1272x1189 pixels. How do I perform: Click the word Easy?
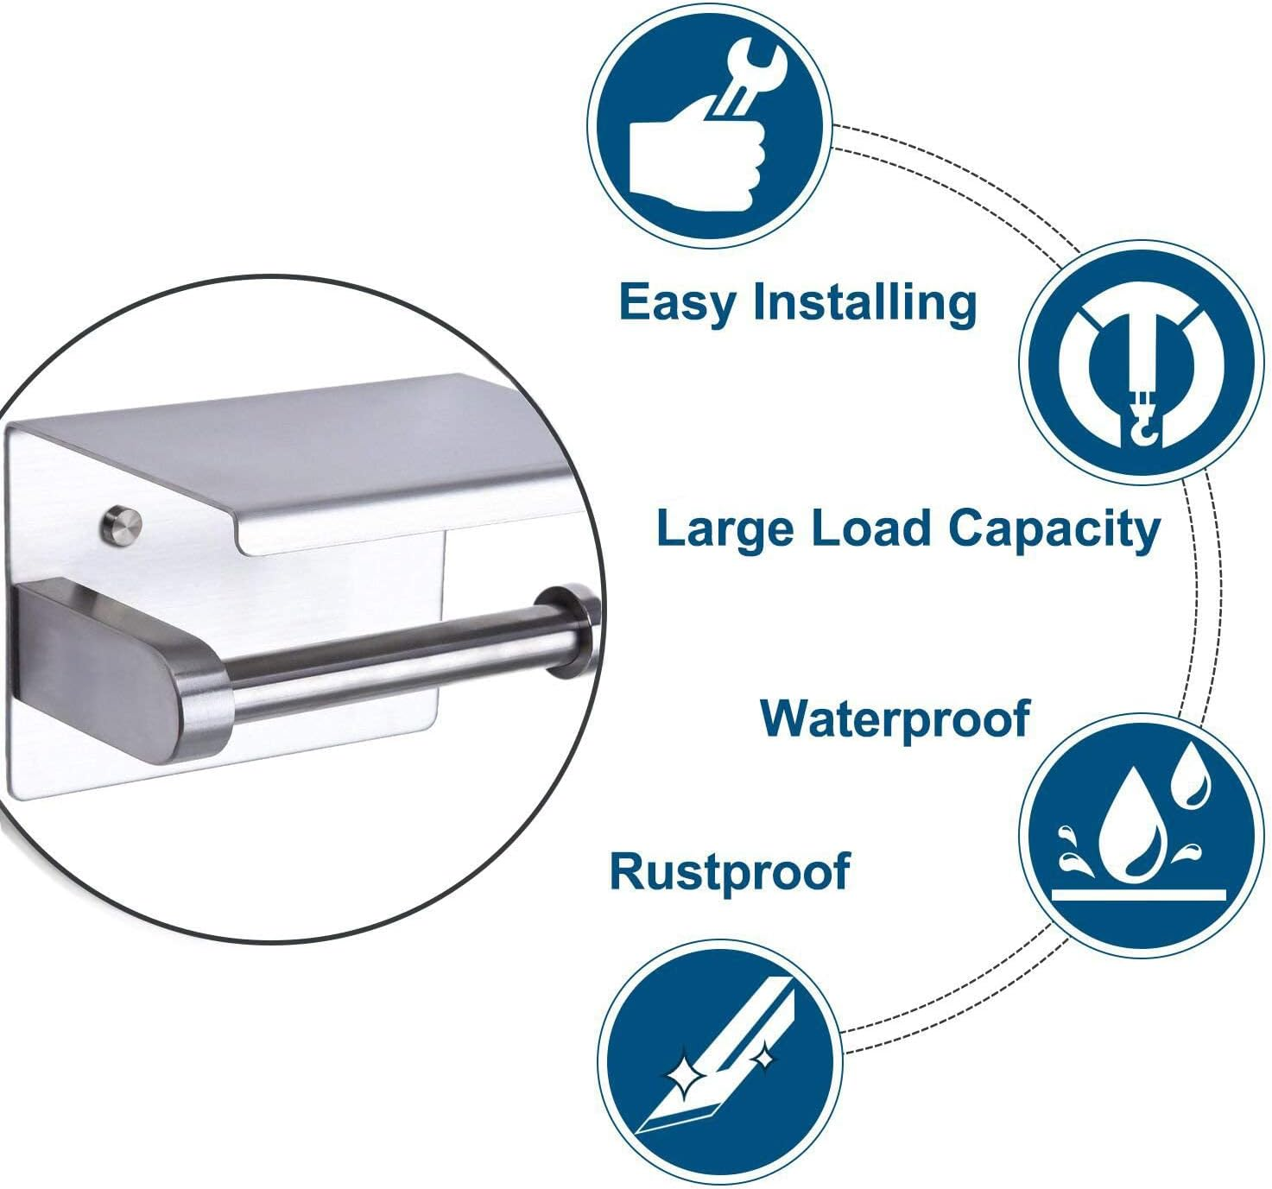point(679,302)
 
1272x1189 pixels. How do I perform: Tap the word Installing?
point(865,302)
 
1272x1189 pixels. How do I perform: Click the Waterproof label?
point(895,720)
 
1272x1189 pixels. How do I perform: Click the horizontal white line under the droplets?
point(1139,895)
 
